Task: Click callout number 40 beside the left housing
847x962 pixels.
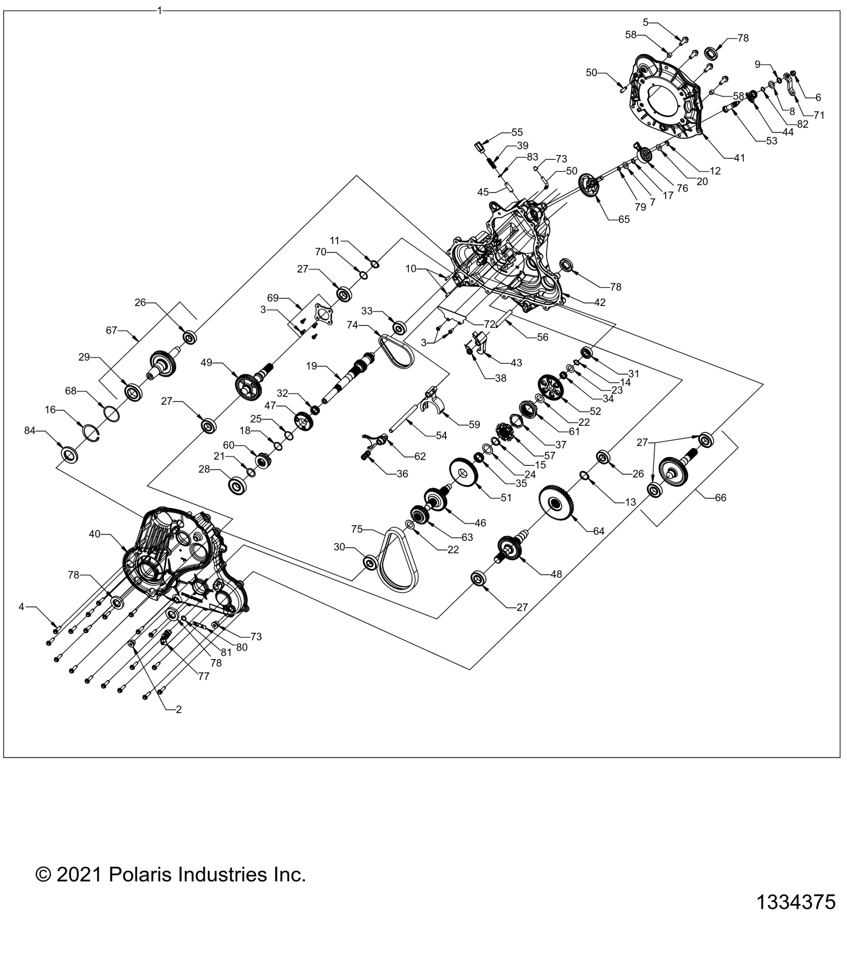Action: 95,534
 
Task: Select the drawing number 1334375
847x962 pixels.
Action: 796,902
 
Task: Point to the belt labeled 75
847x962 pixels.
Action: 399,560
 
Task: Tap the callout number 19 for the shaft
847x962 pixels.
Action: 311,366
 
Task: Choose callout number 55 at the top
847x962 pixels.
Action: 517,132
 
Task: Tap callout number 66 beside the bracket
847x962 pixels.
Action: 720,497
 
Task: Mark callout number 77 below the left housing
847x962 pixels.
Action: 203,676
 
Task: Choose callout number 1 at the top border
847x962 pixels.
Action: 159,10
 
